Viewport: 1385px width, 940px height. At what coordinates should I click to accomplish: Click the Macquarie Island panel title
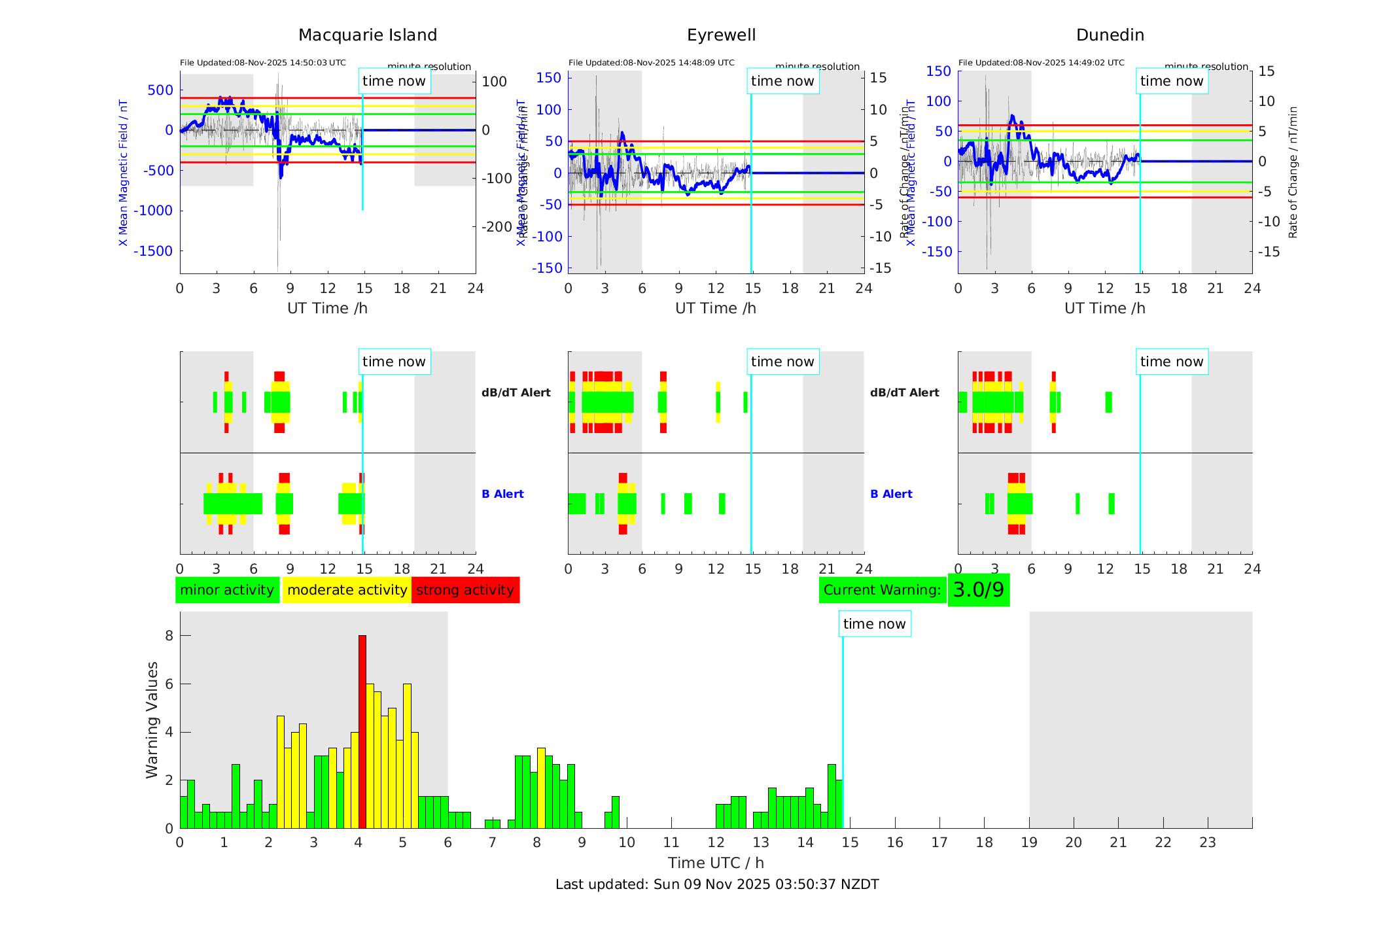click(368, 35)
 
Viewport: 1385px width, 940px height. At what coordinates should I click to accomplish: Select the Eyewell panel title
click(721, 35)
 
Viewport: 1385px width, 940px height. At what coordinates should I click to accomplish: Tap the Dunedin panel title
click(1110, 35)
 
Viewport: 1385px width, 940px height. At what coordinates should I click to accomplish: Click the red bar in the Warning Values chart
click(362, 731)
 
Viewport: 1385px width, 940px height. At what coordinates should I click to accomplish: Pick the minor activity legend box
click(227, 590)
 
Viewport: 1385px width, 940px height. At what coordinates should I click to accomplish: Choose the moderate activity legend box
click(347, 590)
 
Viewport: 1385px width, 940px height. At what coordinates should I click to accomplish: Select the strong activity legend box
click(465, 590)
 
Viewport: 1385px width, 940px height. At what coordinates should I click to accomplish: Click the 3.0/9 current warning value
click(978, 590)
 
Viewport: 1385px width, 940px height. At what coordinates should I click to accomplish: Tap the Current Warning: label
click(882, 590)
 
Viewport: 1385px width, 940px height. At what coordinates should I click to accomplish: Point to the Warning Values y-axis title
click(152, 720)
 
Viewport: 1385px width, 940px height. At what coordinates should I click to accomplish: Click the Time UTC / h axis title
click(716, 863)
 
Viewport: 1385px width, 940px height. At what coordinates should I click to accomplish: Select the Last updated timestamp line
click(717, 884)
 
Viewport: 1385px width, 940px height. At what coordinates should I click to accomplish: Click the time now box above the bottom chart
click(874, 624)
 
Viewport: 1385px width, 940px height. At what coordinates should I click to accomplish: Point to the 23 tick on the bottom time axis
click(1207, 843)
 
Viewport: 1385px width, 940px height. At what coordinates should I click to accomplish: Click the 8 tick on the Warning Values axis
click(169, 636)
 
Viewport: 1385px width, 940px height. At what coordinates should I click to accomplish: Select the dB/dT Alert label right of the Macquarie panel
click(516, 392)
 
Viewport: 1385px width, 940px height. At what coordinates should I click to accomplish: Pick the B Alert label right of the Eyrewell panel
click(891, 494)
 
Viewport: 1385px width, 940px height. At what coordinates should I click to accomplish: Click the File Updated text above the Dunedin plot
click(1041, 63)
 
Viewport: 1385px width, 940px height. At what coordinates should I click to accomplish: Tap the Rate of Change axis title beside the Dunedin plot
click(1293, 172)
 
